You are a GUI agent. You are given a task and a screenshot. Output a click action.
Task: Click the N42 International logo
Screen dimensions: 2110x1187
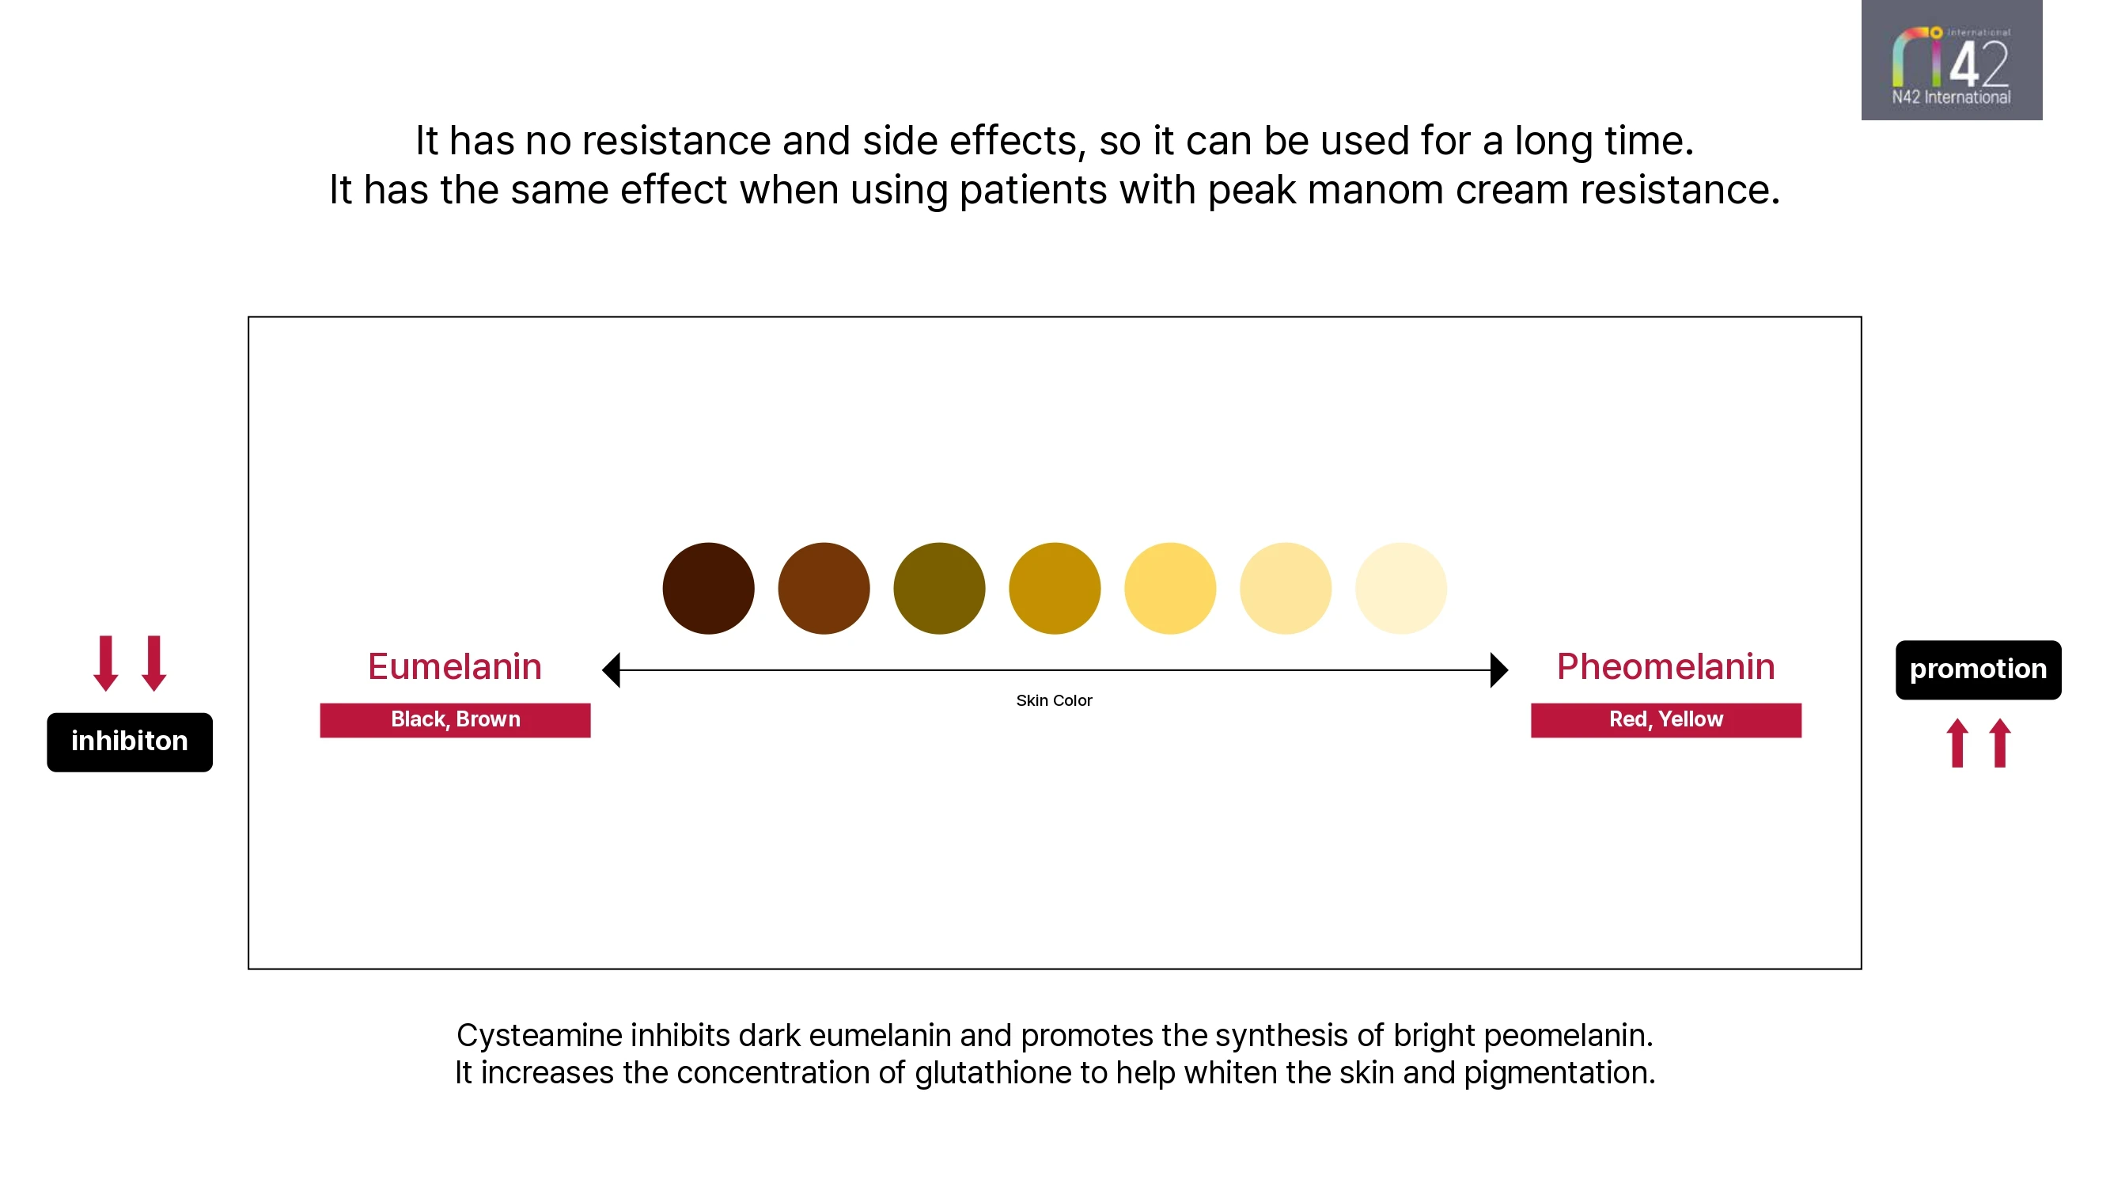pos(1951,60)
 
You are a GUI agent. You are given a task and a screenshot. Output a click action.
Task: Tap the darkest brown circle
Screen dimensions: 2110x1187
pos(708,588)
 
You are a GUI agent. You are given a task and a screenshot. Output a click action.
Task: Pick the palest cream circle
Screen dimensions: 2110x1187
pos(1400,588)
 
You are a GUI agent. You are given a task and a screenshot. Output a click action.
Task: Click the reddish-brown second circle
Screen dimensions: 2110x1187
pos(824,588)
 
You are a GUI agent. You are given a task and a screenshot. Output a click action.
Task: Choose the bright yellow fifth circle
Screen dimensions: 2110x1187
pos(1169,588)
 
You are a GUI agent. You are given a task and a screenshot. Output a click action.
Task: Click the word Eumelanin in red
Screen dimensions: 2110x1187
pos(455,667)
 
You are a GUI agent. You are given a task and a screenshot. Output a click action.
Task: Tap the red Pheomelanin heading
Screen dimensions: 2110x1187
pos(1665,667)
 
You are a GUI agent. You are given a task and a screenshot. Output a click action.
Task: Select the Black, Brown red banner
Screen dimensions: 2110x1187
pos(455,720)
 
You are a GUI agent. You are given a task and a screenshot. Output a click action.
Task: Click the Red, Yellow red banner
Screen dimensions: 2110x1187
pos(1666,720)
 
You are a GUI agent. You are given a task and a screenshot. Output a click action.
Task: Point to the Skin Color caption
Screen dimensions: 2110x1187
pos(1054,700)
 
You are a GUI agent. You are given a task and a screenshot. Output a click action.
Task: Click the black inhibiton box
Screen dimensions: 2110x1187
pos(130,742)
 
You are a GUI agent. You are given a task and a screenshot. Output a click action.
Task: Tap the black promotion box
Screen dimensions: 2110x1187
pos(1978,670)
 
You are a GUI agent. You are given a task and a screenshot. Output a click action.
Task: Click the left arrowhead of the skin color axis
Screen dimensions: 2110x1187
pos(611,670)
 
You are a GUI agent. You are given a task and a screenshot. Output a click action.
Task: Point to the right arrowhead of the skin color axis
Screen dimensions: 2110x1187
pos(1499,670)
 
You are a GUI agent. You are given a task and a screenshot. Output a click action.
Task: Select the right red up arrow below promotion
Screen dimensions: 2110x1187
pos(2000,743)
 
